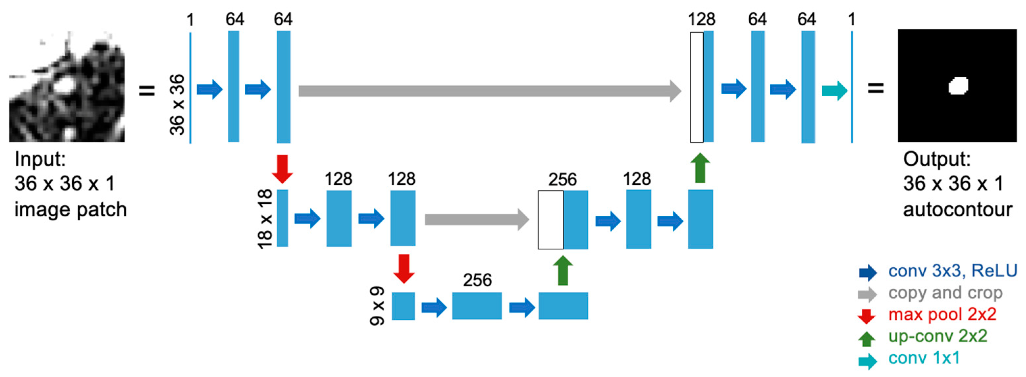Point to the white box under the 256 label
pos(551,220)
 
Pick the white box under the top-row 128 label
pos(697,87)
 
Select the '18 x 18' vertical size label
pos(265,219)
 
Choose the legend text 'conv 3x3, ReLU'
pos(952,271)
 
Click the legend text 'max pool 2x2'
pos(942,314)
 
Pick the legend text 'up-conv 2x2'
pos(937,336)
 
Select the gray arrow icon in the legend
pos(867,294)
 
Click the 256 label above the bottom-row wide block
pos(477,280)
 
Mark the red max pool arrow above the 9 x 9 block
pos(404,269)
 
